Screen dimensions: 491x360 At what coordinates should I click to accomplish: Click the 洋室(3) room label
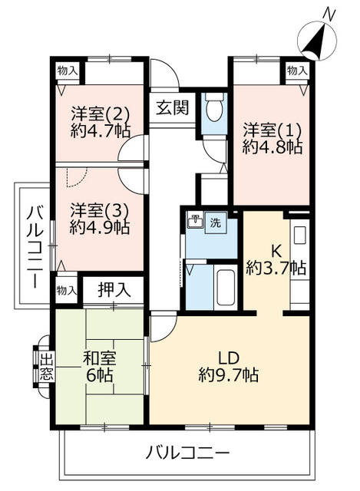(x=98, y=209)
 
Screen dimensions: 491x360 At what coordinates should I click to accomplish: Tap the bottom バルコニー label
(x=187, y=451)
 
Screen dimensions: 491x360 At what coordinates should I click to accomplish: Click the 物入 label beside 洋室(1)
(x=297, y=70)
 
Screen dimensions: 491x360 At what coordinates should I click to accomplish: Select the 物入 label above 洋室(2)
(x=68, y=70)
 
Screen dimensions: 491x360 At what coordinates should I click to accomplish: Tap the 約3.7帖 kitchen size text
(x=276, y=268)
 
